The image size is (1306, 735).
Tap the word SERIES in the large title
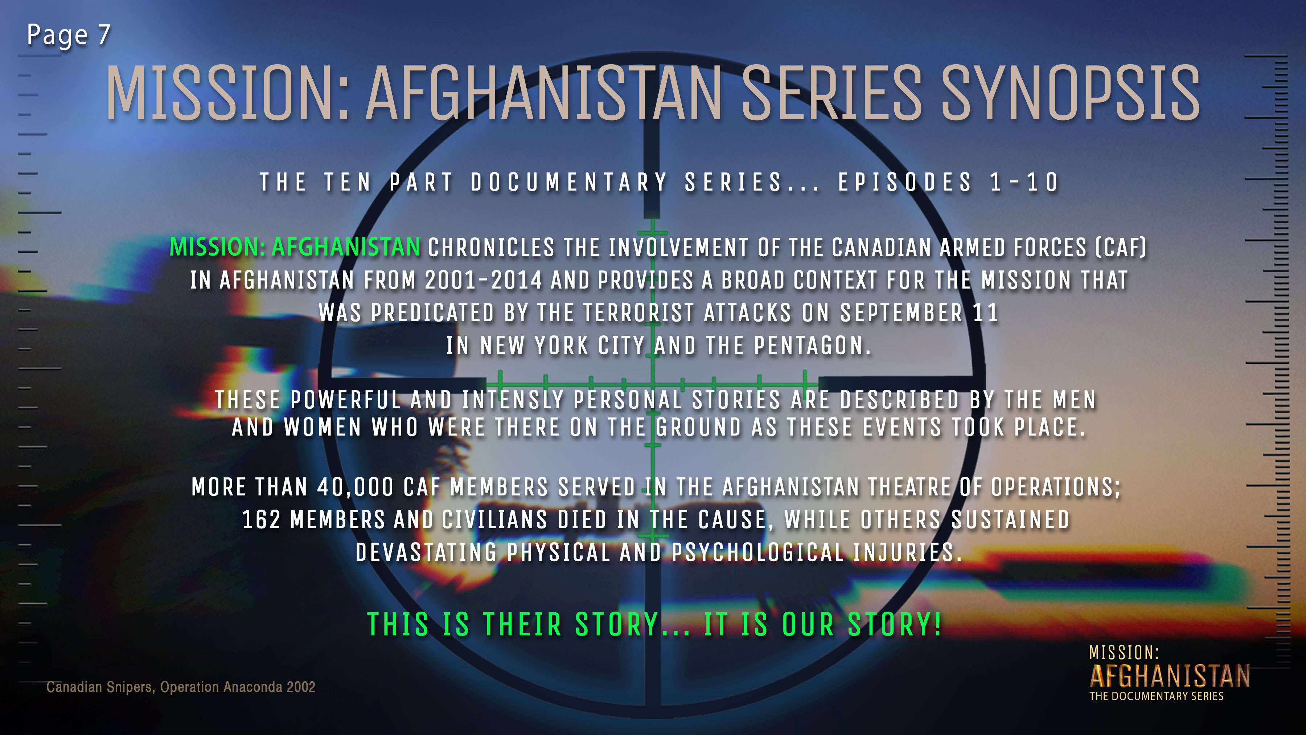point(831,94)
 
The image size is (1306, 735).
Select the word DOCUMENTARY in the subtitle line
point(569,183)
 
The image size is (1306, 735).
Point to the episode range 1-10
point(1024,183)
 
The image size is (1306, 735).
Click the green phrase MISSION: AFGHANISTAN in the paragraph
point(295,248)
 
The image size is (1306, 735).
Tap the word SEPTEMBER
point(902,313)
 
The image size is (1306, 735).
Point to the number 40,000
point(356,487)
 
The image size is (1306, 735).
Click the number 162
point(261,520)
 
